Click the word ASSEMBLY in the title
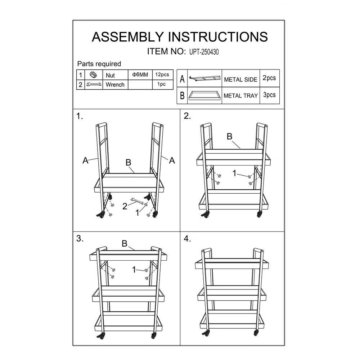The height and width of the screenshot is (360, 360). [128, 37]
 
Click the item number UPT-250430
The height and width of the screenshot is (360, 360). [204, 52]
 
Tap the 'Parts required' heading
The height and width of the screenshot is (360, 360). [99, 64]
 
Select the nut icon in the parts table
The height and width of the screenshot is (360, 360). [93, 75]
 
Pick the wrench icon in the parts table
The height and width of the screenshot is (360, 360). [94, 85]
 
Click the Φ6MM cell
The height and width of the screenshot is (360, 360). [140, 75]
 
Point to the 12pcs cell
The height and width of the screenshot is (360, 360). [162, 75]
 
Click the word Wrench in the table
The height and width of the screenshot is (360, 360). [115, 85]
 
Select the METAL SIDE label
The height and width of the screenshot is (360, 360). [240, 80]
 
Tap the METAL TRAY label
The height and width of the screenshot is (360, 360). [240, 95]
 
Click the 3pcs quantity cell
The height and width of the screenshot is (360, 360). [269, 95]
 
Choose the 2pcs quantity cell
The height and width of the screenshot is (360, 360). [269, 78]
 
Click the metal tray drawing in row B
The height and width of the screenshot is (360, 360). [204, 95]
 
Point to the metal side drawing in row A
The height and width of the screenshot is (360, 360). [204, 78]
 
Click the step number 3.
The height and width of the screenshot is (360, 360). [80, 239]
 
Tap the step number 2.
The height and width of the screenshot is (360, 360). [187, 116]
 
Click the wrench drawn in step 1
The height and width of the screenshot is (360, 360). [137, 201]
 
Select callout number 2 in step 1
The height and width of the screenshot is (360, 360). [125, 206]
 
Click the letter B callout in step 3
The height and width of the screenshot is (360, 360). [125, 243]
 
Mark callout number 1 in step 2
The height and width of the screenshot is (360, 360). [234, 173]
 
